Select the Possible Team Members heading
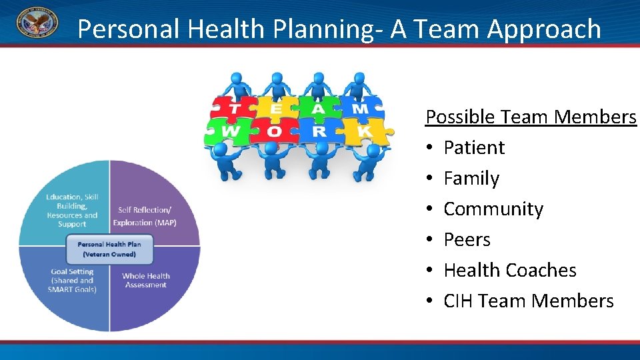(531, 117)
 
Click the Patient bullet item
(474, 147)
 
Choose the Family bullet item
(471, 178)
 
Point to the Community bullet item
(493, 209)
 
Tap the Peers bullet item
(467, 239)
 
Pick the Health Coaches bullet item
(510, 270)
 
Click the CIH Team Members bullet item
(529, 301)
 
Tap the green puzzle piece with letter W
(229, 131)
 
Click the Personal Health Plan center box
(109, 249)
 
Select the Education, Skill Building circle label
(72, 210)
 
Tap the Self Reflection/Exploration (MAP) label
(145, 216)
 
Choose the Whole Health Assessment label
(145, 280)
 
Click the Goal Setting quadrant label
(72, 280)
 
